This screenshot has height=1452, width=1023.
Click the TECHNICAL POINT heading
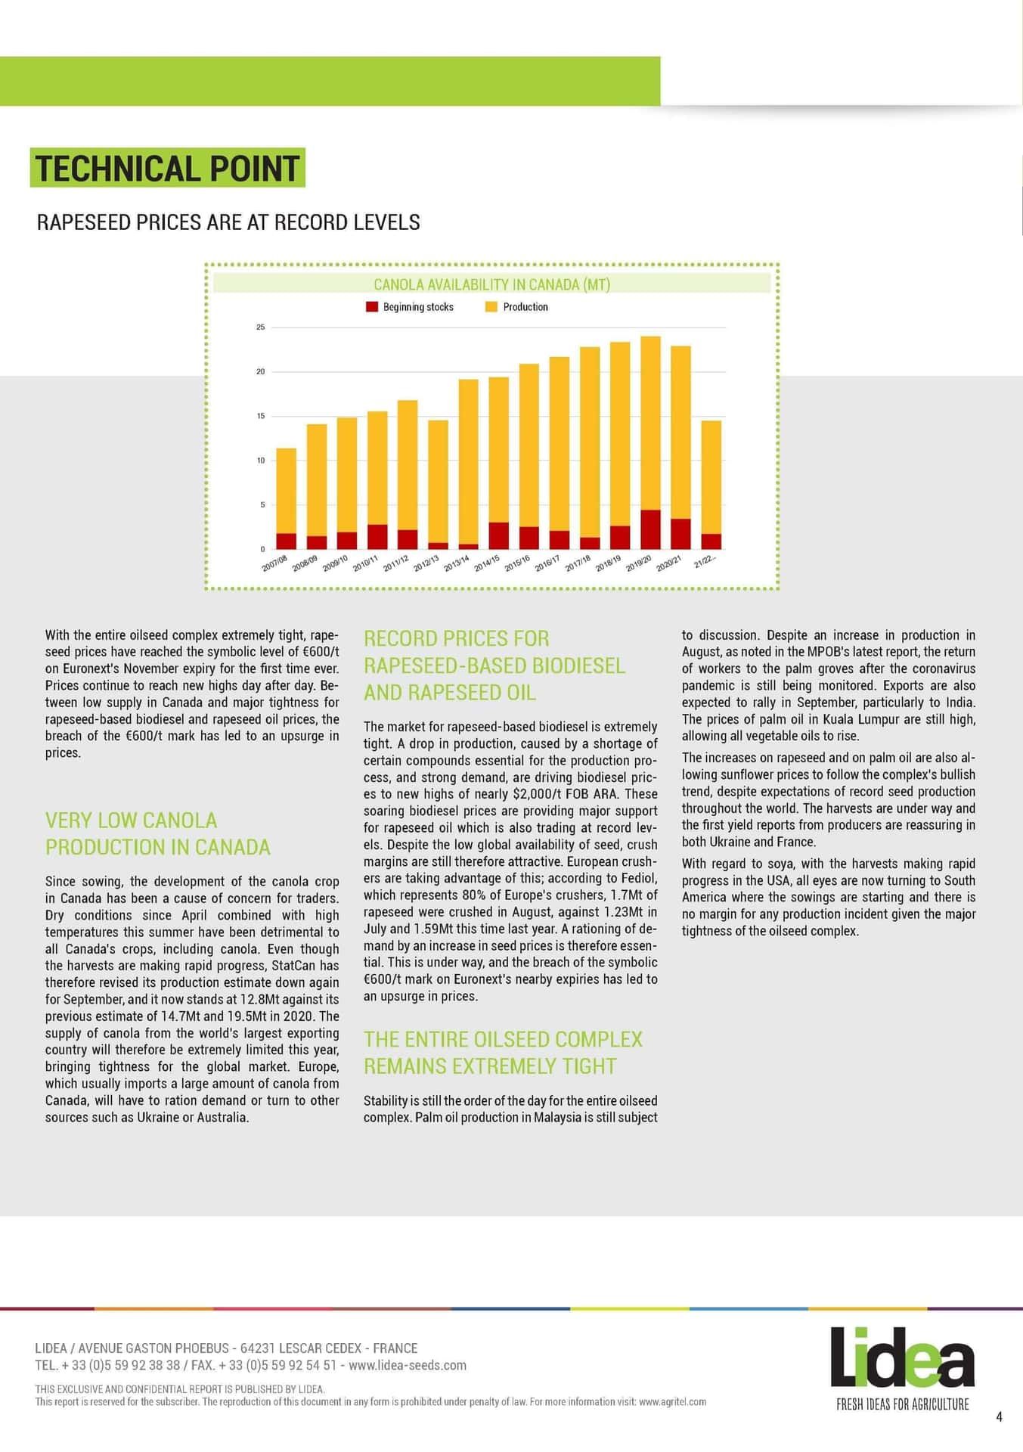(x=167, y=168)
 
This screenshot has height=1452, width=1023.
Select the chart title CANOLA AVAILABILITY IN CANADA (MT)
(x=491, y=284)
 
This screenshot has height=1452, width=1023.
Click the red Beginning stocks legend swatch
(x=371, y=307)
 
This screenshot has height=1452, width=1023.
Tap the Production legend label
(x=525, y=307)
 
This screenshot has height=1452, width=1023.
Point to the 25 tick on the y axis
(x=261, y=327)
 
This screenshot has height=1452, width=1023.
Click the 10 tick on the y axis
(x=261, y=461)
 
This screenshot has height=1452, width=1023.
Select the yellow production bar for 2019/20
(x=650, y=423)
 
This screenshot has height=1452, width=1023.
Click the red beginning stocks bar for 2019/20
(x=650, y=529)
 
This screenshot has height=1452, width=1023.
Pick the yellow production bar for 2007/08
(x=286, y=492)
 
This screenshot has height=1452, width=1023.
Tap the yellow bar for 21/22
(x=711, y=476)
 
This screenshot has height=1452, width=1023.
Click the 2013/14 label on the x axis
(x=456, y=564)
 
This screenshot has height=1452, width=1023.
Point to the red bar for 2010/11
(x=377, y=537)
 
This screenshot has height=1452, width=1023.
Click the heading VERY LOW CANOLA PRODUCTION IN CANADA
(x=157, y=833)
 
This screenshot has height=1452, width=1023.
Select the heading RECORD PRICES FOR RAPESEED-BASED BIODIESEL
(x=494, y=665)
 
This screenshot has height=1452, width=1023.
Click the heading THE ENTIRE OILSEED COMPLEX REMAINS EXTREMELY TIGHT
(x=503, y=1053)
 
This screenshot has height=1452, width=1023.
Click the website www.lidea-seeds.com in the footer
(x=408, y=1365)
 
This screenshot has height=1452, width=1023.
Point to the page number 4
(x=1000, y=1417)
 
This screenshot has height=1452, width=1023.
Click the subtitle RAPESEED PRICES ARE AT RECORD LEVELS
(x=228, y=222)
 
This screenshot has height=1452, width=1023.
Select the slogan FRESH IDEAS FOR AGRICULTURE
(x=902, y=1404)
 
